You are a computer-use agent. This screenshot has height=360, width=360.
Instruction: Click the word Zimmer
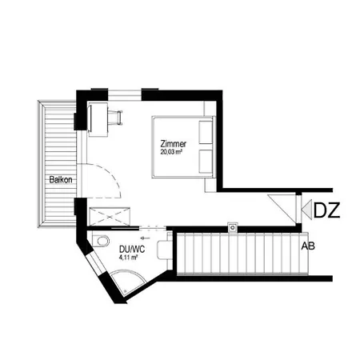point(174,142)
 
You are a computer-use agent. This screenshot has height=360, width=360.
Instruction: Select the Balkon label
point(61,179)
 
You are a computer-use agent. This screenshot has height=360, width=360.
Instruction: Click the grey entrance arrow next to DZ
point(306,210)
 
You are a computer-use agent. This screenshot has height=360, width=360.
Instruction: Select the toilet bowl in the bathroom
point(100,242)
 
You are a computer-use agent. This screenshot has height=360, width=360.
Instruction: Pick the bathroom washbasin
point(163,249)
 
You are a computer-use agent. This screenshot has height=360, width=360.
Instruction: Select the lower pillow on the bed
point(206,160)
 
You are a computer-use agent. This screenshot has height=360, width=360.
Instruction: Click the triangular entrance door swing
point(282,206)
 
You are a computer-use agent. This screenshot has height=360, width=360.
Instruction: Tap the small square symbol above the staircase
point(232,226)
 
